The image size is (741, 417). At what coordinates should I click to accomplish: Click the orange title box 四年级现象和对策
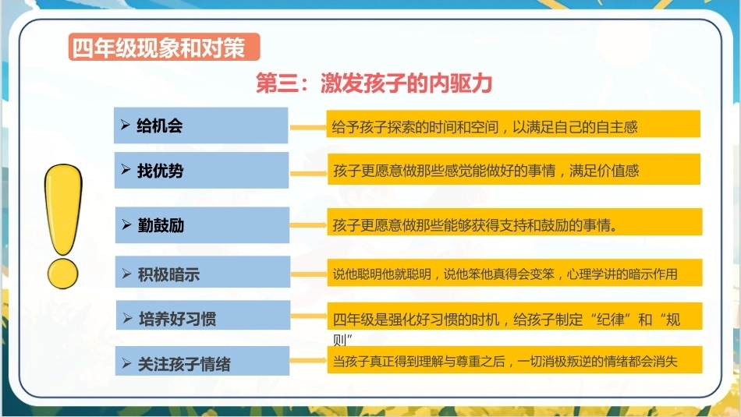click(x=164, y=47)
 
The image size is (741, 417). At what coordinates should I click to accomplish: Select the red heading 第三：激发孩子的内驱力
click(x=374, y=83)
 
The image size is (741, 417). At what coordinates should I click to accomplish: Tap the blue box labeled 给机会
click(x=200, y=125)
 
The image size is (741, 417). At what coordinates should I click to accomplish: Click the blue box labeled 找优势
click(x=201, y=170)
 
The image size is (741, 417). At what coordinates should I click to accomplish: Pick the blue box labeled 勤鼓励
click(x=202, y=224)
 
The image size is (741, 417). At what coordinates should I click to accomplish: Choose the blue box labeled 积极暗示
click(x=203, y=272)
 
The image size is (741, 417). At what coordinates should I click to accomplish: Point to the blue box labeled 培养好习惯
click(x=204, y=315)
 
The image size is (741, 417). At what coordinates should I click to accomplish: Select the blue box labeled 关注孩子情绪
click(x=202, y=361)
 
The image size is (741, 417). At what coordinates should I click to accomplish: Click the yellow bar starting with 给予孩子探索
click(x=513, y=124)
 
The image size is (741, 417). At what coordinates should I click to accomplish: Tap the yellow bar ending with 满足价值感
click(x=514, y=169)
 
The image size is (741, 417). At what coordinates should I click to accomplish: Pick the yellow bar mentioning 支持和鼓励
click(x=515, y=221)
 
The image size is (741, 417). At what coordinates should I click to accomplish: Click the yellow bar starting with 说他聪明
click(x=515, y=272)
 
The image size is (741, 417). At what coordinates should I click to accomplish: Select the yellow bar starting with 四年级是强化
click(x=515, y=316)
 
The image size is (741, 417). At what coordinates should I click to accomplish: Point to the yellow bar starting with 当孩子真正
click(x=515, y=360)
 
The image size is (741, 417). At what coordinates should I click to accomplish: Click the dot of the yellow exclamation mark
click(x=62, y=273)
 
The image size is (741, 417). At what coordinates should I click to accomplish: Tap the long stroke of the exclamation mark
click(x=63, y=209)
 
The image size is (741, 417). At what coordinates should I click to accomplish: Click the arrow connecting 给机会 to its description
click(x=308, y=128)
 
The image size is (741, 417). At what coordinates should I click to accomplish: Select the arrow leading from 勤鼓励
click(x=309, y=225)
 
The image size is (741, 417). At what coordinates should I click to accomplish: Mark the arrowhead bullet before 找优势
click(x=126, y=169)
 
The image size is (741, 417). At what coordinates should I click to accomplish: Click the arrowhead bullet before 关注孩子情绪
click(x=126, y=363)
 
